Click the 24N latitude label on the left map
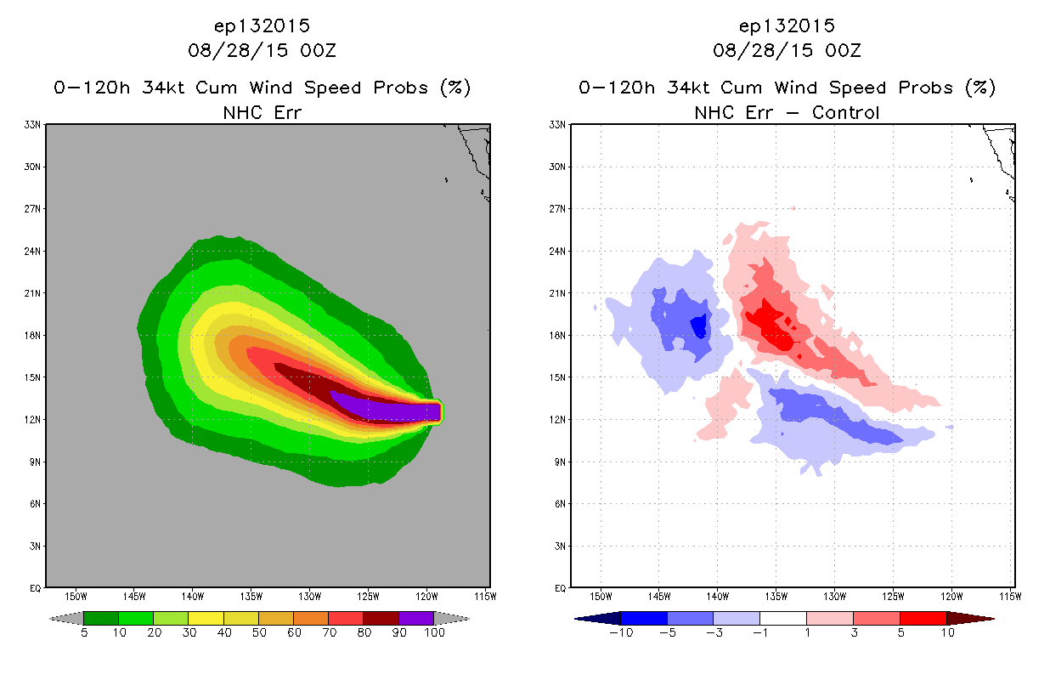tap(32, 252)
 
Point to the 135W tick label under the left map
tap(251, 597)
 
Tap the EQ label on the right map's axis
tap(560, 588)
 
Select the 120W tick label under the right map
tap(951, 597)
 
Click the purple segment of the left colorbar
tap(416, 618)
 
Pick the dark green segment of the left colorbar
tap(101, 618)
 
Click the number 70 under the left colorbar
tap(329, 632)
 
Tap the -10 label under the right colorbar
tap(621, 632)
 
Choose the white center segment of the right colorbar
tap(783, 618)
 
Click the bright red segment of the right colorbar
tap(923, 618)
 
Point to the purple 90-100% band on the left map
tap(389, 410)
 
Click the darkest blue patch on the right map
tap(699, 326)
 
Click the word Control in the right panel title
tap(845, 113)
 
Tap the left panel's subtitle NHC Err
tap(262, 113)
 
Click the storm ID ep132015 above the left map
tap(262, 26)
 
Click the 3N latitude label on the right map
tap(559, 547)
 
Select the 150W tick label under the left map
tap(76, 597)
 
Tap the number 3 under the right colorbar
tap(854, 632)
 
